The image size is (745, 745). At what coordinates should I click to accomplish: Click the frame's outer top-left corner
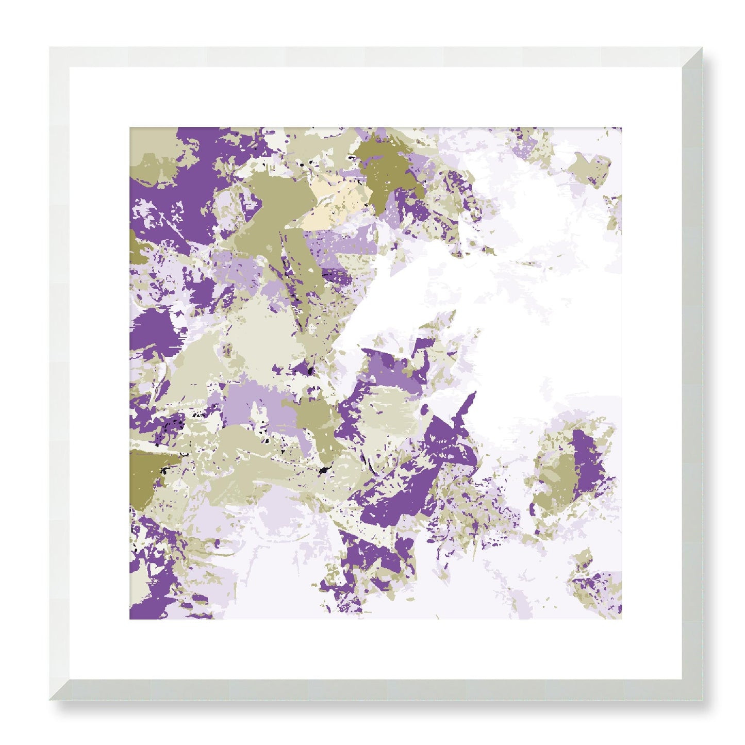(50, 47)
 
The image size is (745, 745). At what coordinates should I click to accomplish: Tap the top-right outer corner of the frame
(702, 47)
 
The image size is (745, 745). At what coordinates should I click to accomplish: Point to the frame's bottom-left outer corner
(50, 700)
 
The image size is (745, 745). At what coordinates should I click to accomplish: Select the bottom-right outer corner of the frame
(702, 700)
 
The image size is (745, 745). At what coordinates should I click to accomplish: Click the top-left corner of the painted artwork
(130, 128)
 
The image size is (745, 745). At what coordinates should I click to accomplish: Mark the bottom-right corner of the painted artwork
(621, 619)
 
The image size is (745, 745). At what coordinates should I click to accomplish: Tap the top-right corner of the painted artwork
(621, 128)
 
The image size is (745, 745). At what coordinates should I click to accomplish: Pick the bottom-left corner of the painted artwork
(130, 619)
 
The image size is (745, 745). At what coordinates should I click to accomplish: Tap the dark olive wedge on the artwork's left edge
(147, 469)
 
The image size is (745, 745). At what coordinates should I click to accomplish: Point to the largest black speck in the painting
(325, 469)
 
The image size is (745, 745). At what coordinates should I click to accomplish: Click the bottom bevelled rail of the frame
(376, 690)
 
